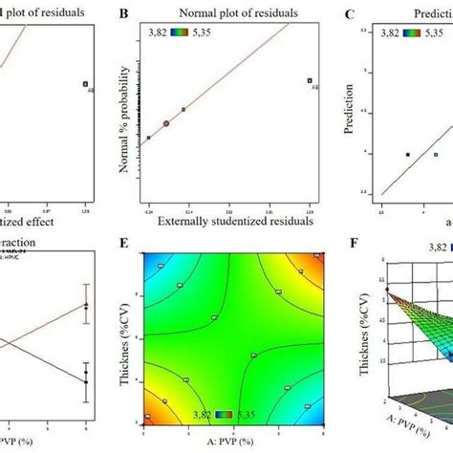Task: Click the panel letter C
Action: click(x=351, y=14)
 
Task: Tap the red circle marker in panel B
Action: click(x=166, y=123)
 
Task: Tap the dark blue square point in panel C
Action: click(x=408, y=154)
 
